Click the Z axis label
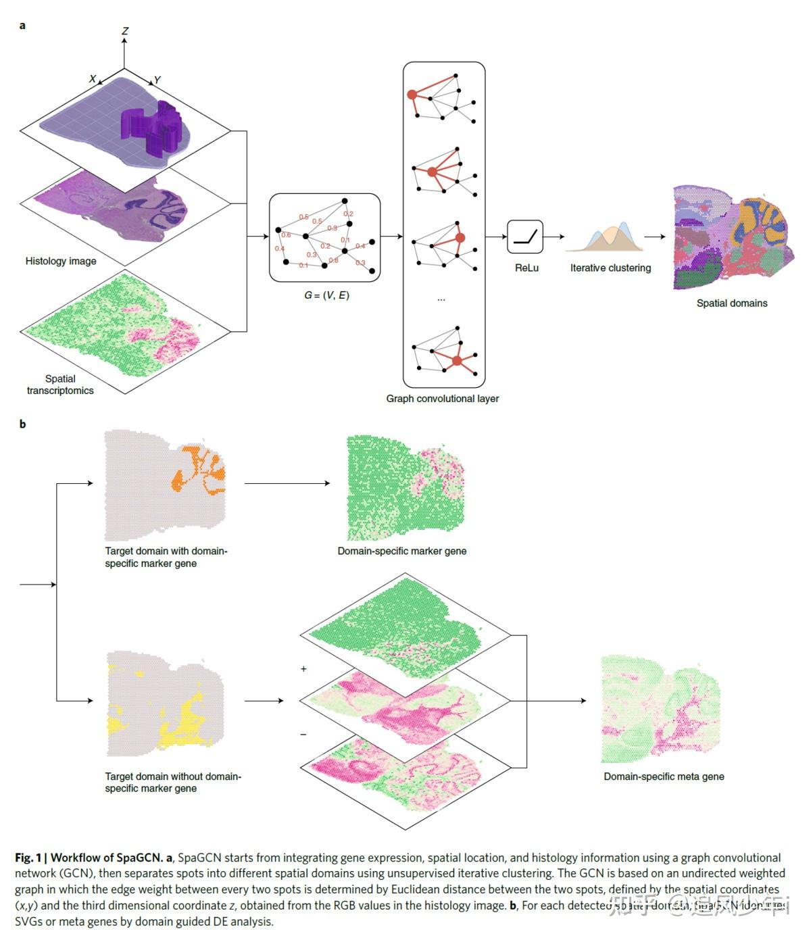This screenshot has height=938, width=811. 125,31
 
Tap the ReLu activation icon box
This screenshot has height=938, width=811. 525,237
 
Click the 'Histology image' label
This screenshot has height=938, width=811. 61,261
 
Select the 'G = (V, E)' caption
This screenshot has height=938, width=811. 326,295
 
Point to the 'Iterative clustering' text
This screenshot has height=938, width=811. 610,268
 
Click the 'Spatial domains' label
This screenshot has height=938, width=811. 732,303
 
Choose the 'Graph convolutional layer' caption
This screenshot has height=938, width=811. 442,399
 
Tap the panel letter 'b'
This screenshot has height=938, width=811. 22,424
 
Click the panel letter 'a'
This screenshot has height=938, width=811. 22,26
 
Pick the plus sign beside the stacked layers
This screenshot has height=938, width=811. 303,669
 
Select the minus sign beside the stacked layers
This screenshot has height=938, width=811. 303,734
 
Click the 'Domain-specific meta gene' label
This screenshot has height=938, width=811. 664,776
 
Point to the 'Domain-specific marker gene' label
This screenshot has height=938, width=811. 401,551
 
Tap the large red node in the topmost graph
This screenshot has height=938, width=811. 412,95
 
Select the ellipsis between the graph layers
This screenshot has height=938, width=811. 441,299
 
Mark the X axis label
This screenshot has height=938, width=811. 93,79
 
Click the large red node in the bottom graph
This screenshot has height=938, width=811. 458,361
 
